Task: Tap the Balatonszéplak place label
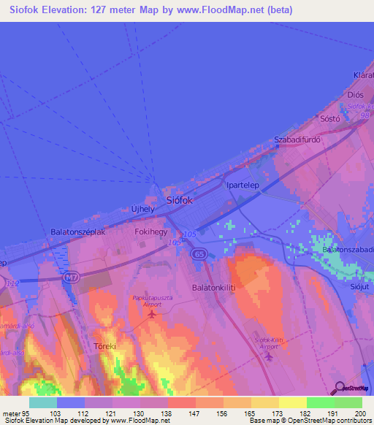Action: (78, 231)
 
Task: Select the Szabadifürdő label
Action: (297, 139)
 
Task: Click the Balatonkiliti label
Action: (213, 288)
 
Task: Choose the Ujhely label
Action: (142, 208)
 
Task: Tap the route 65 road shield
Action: (199, 253)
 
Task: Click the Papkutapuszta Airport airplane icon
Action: (151, 315)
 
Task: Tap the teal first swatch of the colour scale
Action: (43, 402)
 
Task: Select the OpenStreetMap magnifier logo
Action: (338, 388)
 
